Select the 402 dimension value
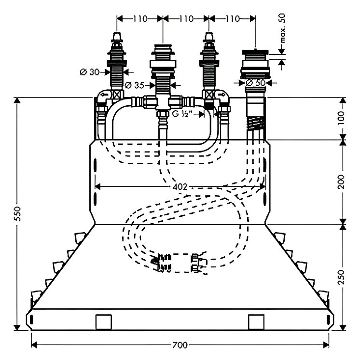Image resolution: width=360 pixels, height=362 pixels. [180, 186]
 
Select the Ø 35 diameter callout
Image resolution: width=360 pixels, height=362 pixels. [135, 86]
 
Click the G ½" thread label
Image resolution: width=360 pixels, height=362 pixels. [183, 114]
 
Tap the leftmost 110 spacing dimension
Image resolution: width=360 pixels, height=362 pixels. [139, 19]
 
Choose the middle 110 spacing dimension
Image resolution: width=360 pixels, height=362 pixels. [185, 19]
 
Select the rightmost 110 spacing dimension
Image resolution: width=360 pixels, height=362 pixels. [232, 19]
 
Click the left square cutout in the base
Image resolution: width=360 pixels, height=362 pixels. [103, 321]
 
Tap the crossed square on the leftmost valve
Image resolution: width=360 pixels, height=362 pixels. [116, 95]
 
